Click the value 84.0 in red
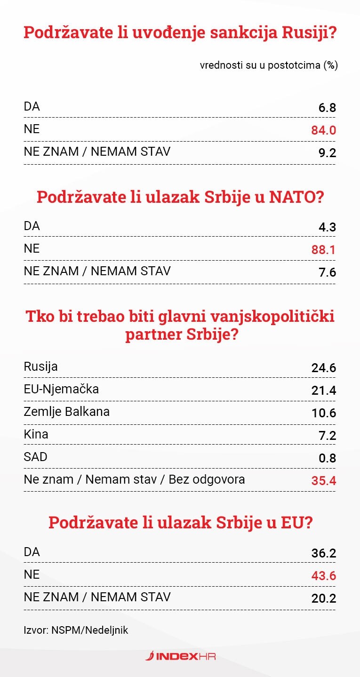[324, 130]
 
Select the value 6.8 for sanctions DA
[327, 108]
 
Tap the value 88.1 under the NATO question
[324, 249]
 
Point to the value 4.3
[327, 227]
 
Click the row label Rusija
[40, 366]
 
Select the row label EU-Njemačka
[61, 389]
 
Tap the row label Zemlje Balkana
[66, 412]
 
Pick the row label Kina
[36, 434]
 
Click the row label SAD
[35, 456]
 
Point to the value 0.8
[327, 458]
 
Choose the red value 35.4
[324, 481]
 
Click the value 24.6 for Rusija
[324, 367]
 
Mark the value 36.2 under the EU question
[324, 553]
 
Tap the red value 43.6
[324, 576]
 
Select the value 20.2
[324, 598]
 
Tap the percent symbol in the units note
[330, 65]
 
